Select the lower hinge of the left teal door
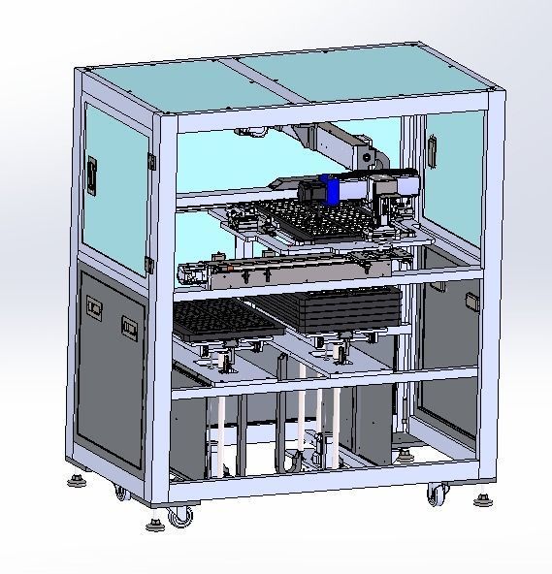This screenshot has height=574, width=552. coord(149,263)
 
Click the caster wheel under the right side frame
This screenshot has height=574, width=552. coord(435,494)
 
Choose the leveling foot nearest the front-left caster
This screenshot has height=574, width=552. coord(153,525)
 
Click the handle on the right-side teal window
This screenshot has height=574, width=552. coord(431,148)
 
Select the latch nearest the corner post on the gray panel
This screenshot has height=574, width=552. coord(128,327)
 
